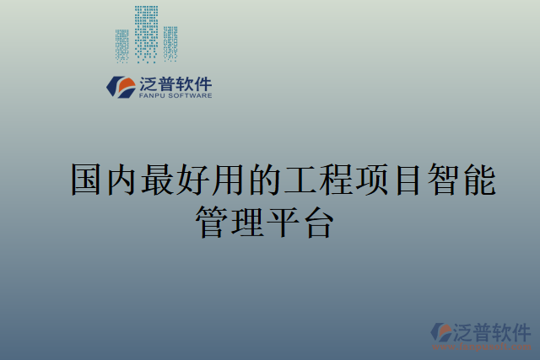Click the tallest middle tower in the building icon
(x=146, y=34)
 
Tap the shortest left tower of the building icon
(x=122, y=46)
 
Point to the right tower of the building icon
(x=170, y=43)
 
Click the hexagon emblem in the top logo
(x=121, y=86)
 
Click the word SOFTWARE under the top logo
(x=191, y=96)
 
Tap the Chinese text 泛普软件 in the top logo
(x=175, y=83)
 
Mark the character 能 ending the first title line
(x=479, y=180)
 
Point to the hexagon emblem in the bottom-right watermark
(x=442, y=332)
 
